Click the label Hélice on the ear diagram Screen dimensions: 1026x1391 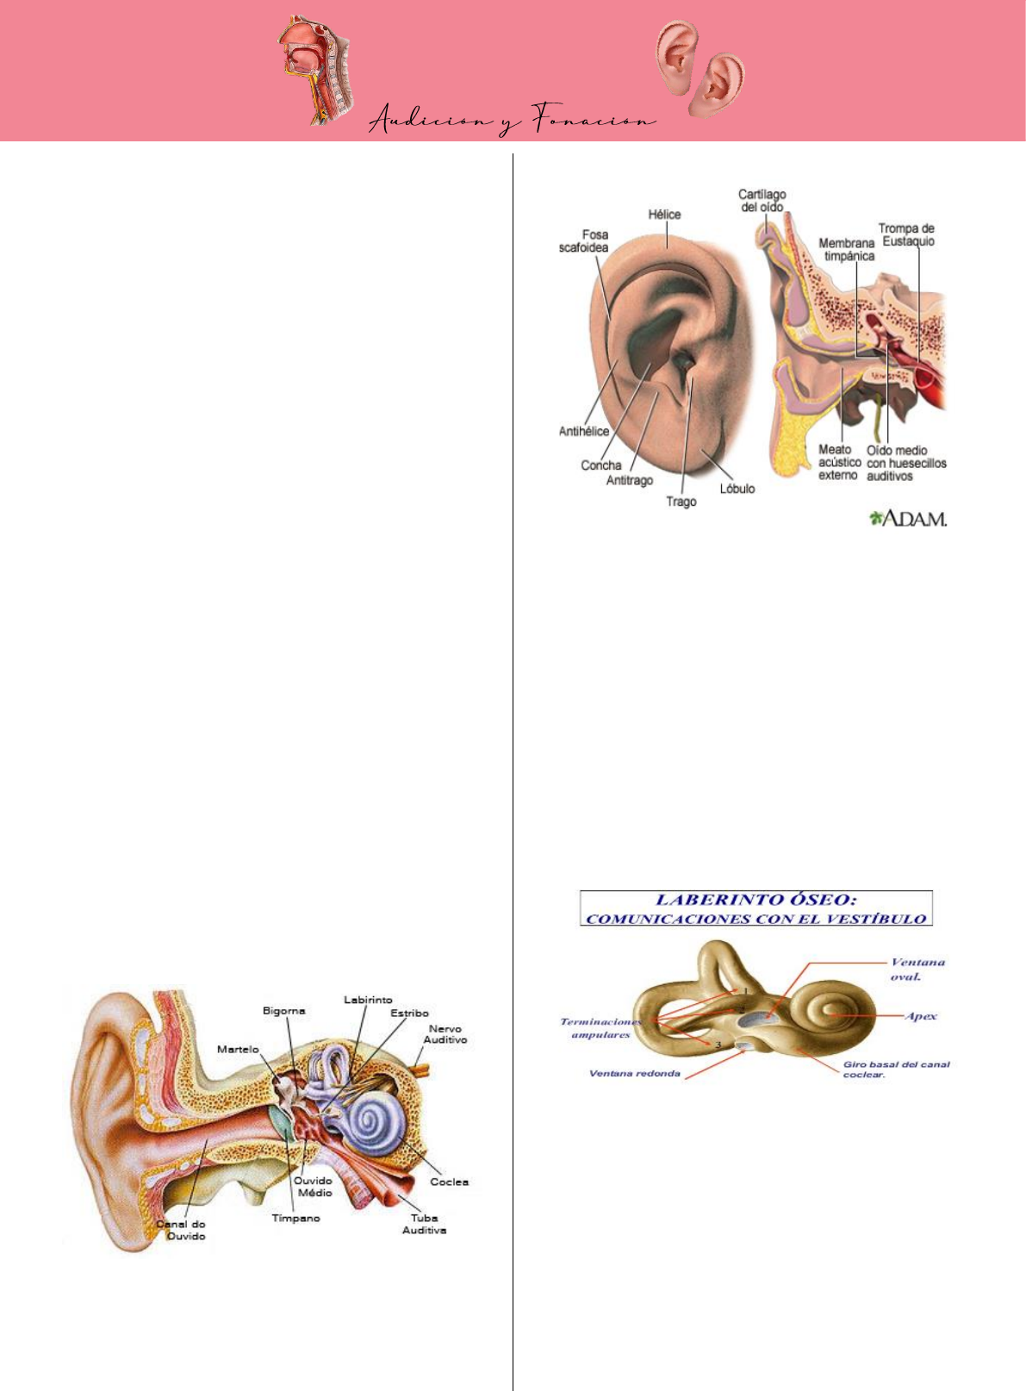[x=664, y=215]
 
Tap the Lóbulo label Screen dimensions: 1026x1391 [x=737, y=489]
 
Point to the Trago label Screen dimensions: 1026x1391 [x=681, y=502]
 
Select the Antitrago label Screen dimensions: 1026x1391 [x=629, y=480]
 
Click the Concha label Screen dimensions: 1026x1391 [x=600, y=465]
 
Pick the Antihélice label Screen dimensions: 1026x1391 [x=583, y=431]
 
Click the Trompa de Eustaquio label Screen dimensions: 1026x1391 [x=906, y=234]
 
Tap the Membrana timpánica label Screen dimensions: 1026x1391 [x=846, y=249]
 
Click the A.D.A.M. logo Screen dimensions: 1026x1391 [x=908, y=518]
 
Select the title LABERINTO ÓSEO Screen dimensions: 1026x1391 [x=756, y=900]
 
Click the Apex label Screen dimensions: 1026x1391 [x=921, y=1016]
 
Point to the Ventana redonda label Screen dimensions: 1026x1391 [x=634, y=1074]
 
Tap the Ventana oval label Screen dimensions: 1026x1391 [x=917, y=970]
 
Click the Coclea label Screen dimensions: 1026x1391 [x=449, y=1182]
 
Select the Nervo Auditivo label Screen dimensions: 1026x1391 [x=445, y=1034]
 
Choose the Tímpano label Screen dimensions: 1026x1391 [x=295, y=1218]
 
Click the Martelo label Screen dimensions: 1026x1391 [x=238, y=1049]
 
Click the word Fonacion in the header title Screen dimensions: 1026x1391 [x=594, y=122]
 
